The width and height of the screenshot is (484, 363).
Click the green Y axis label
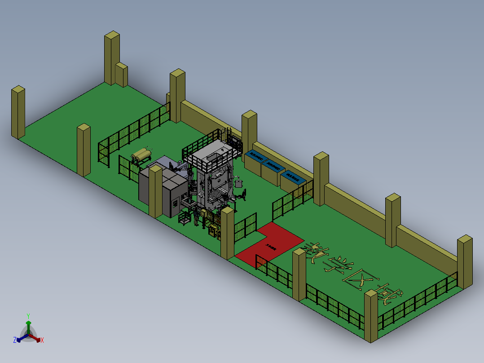(x=28, y=316)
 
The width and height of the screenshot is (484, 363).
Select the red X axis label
(x=42, y=340)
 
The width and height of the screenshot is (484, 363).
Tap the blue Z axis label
(x=15, y=340)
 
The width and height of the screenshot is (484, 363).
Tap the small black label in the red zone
(x=271, y=246)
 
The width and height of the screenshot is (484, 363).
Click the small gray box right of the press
(x=239, y=183)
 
